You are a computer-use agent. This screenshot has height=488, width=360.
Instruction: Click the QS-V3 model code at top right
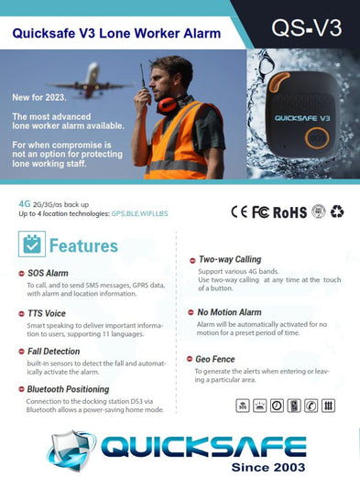click(306, 27)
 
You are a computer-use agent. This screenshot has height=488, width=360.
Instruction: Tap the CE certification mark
click(239, 211)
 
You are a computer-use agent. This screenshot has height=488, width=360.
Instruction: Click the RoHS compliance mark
click(290, 211)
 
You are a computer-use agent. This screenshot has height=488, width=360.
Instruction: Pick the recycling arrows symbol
click(337, 211)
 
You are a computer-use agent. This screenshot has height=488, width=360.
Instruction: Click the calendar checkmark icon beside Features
click(33, 244)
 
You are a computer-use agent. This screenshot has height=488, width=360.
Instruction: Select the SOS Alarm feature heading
click(48, 273)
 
